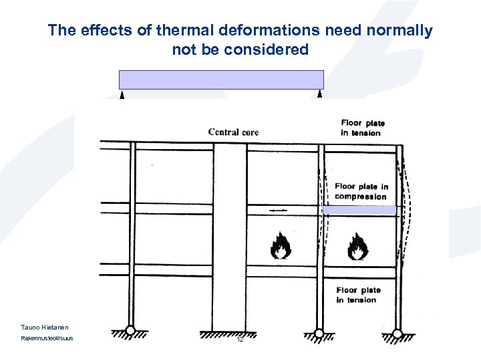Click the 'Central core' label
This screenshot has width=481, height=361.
tap(233, 132)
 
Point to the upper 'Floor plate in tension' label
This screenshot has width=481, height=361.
tap(363, 128)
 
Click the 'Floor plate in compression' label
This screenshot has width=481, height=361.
tap(361, 191)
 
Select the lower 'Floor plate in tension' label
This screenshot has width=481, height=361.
tap(358, 295)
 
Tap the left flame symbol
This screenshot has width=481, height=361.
tap(281, 245)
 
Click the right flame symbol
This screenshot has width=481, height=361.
tap(357, 245)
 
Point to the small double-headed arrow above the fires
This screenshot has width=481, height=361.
tap(279, 210)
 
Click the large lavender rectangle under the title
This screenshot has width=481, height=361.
tap(221, 80)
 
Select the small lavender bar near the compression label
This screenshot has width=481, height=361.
tap(359, 210)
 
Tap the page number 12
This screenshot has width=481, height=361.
tap(239, 340)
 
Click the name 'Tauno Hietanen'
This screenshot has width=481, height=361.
tap(45, 327)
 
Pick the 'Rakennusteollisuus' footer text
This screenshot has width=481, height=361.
tap(47, 338)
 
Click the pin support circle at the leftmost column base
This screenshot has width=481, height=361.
tap(131, 330)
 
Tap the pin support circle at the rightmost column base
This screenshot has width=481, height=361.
tap(397, 332)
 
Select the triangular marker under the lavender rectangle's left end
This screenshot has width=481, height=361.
tap(122, 95)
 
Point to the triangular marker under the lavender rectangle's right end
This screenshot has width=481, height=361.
tap(320, 94)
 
